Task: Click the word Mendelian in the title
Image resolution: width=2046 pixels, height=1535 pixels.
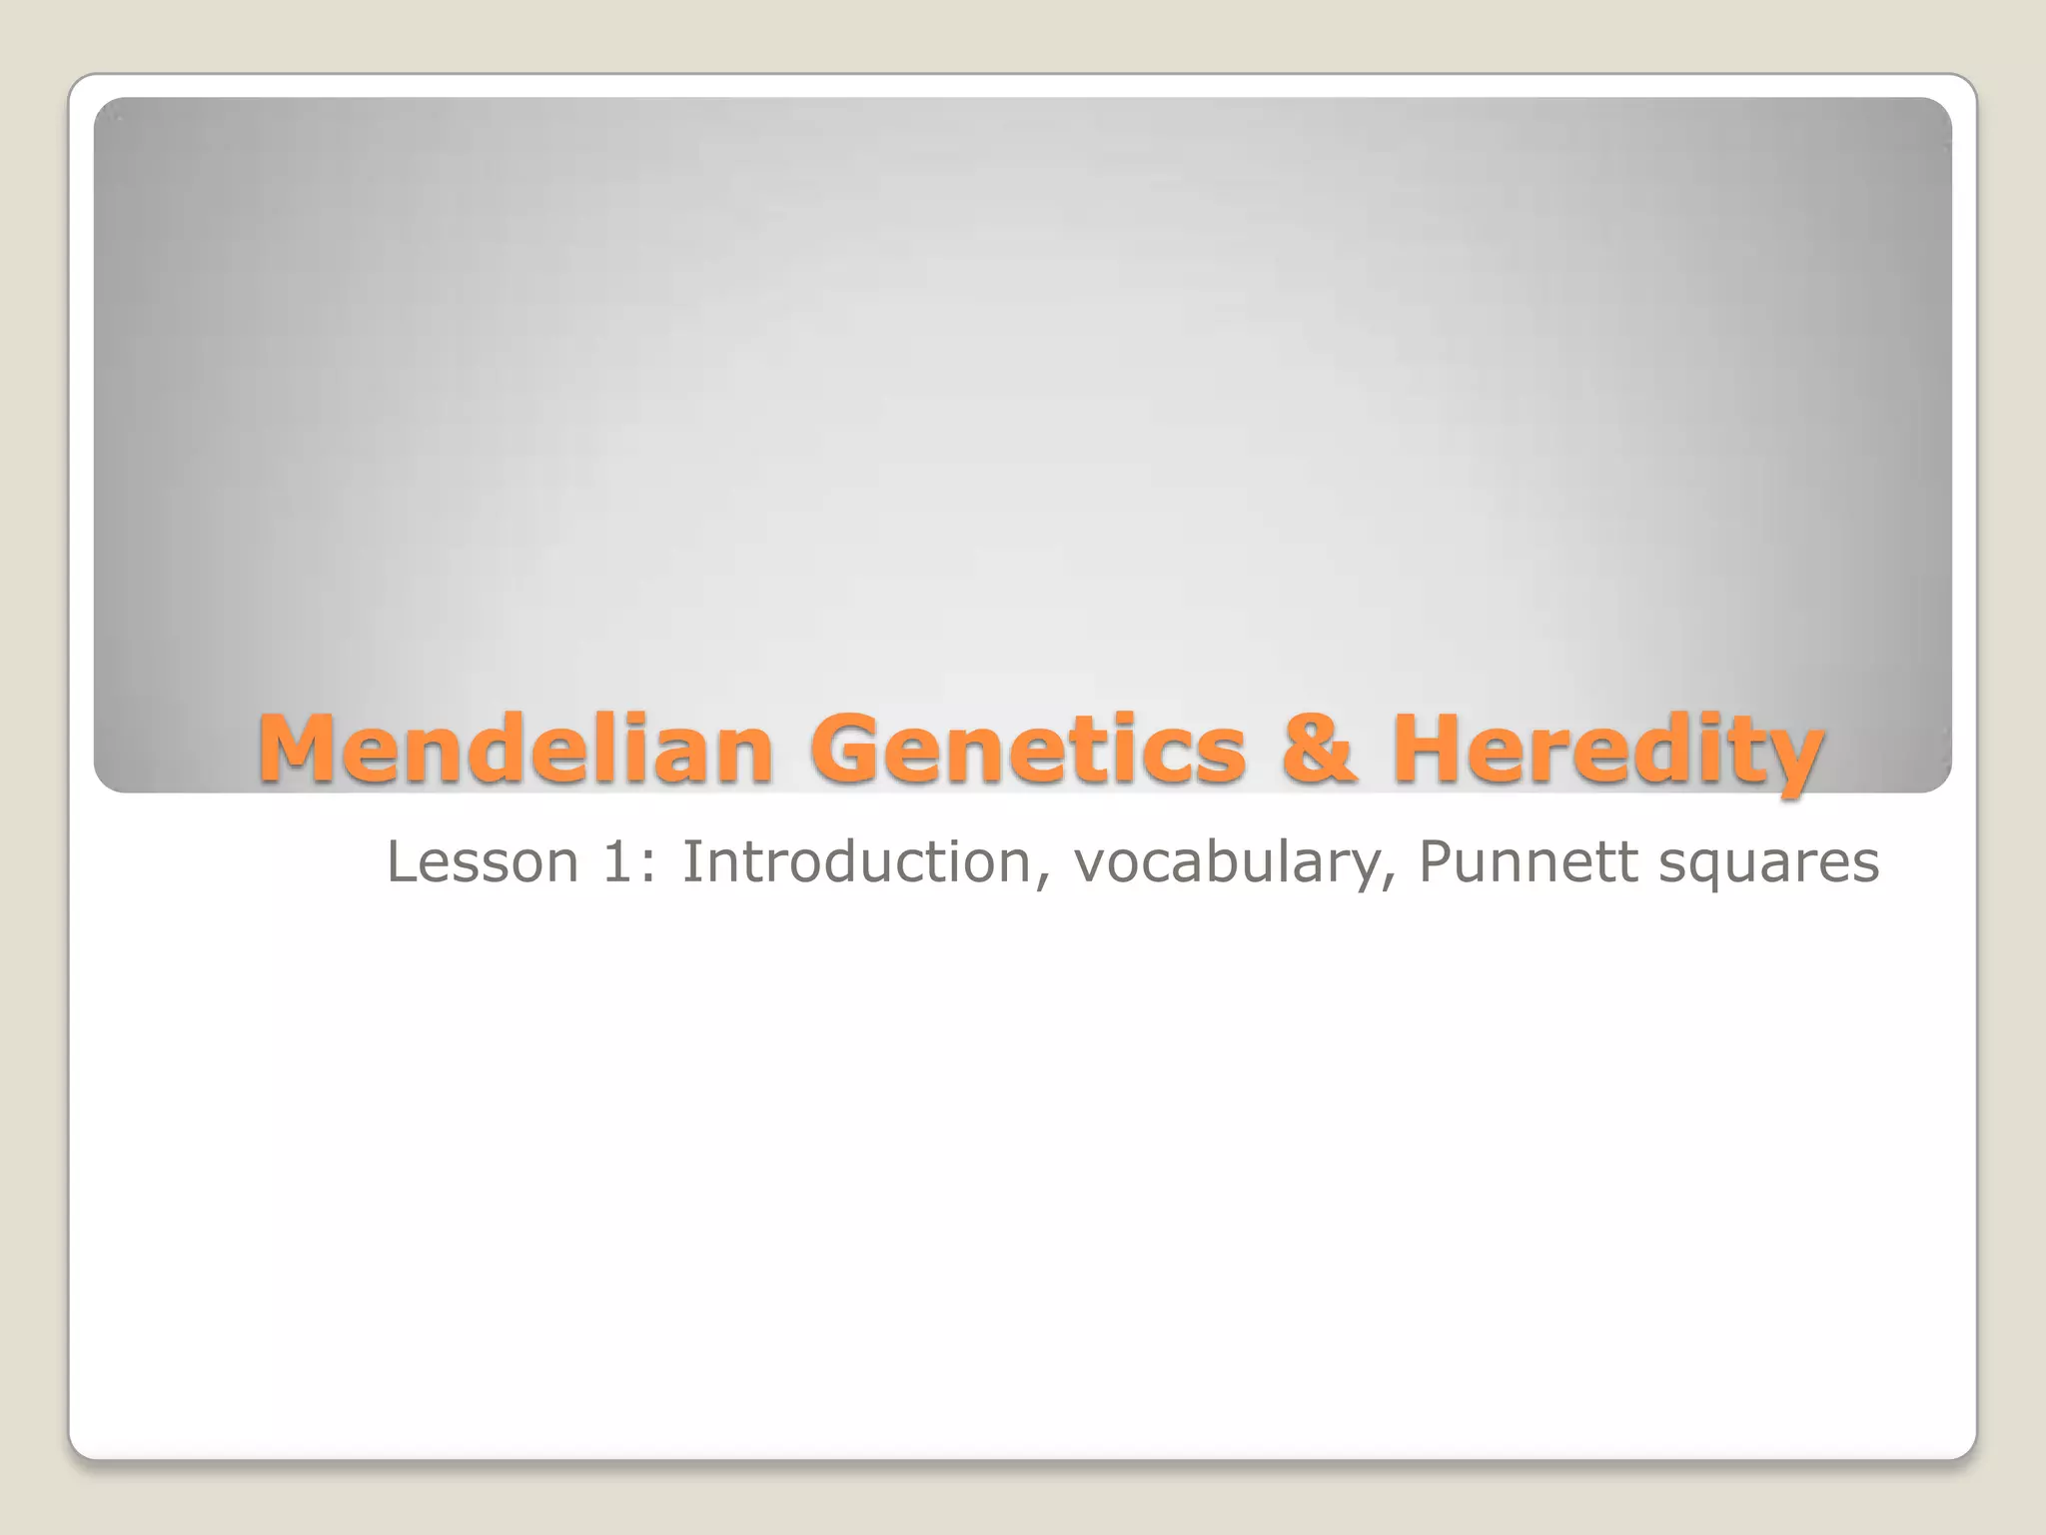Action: click(515, 749)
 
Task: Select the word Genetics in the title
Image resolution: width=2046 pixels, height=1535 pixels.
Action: click(1028, 749)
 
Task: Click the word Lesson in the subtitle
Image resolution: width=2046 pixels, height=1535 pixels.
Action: click(483, 861)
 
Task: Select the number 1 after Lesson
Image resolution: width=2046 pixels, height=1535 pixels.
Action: click(617, 861)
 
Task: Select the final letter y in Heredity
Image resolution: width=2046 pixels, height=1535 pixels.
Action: click(1789, 760)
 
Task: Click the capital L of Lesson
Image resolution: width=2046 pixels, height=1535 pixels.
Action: click(401, 861)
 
